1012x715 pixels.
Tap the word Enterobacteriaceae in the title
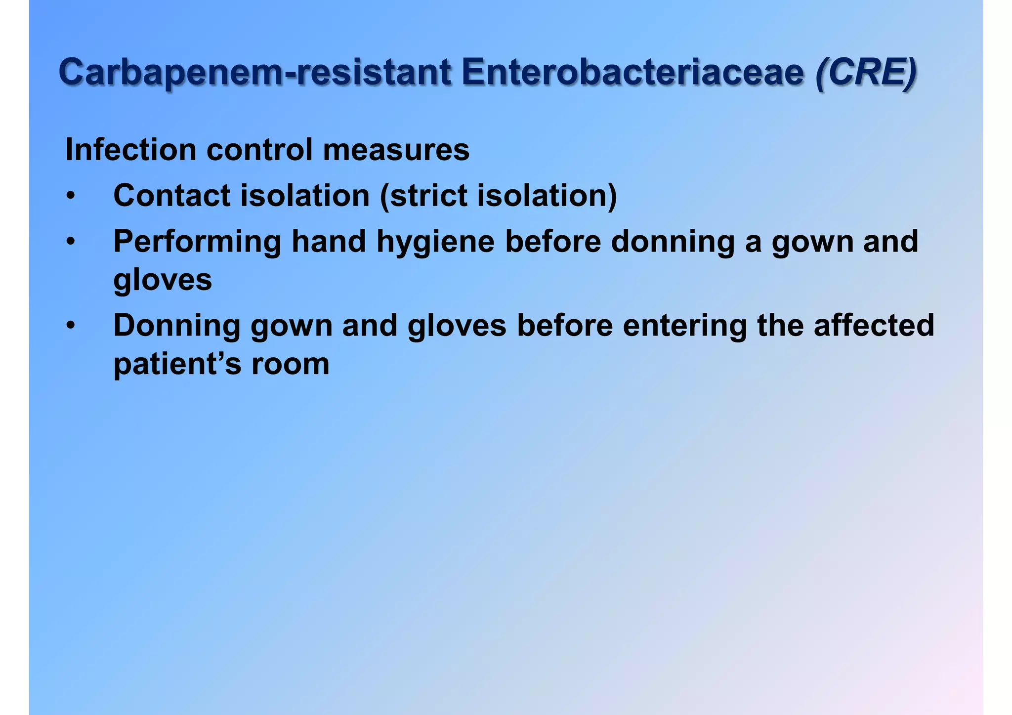pos(633,73)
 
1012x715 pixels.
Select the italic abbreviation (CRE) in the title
pos(866,73)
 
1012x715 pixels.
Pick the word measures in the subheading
pos(396,151)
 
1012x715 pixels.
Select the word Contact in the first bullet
pos(172,196)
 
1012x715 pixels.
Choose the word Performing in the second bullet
pos(197,242)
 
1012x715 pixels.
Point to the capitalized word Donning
pos(176,326)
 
